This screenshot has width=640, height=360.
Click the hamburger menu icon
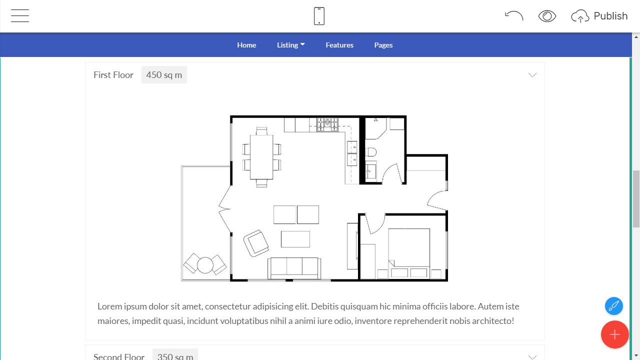click(x=20, y=15)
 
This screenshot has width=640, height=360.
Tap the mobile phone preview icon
click(x=319, y=16)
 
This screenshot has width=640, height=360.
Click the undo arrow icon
click(x=514, y=15)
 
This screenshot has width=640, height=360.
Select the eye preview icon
click(x=547, y=16)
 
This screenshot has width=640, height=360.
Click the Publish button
click(x=599, y=16)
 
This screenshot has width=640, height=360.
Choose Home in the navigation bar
click(x=246, y=45)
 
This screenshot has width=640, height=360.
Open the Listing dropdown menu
click(x=291, y=45)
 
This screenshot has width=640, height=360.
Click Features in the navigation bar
click(x=339, y=45)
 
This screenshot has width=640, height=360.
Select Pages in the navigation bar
click(x=383, y=45)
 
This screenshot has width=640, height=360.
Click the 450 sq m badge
click(x=164, y=75)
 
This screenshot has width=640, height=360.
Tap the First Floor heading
click(x=113, y=75)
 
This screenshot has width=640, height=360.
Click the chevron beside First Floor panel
click(x=532, y=75)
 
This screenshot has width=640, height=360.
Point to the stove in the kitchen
click(x=327, y=125)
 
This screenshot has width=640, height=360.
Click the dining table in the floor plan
click(x=261, y=157)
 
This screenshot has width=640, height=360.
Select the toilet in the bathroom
click(x=371, y=152)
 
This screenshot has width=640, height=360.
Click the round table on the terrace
click(x=205, y=265)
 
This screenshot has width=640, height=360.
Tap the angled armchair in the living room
click(x=256, y=243)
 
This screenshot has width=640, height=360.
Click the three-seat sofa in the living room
click(x=294, y=268)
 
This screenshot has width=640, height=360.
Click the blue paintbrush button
click(x=613, y=306)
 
